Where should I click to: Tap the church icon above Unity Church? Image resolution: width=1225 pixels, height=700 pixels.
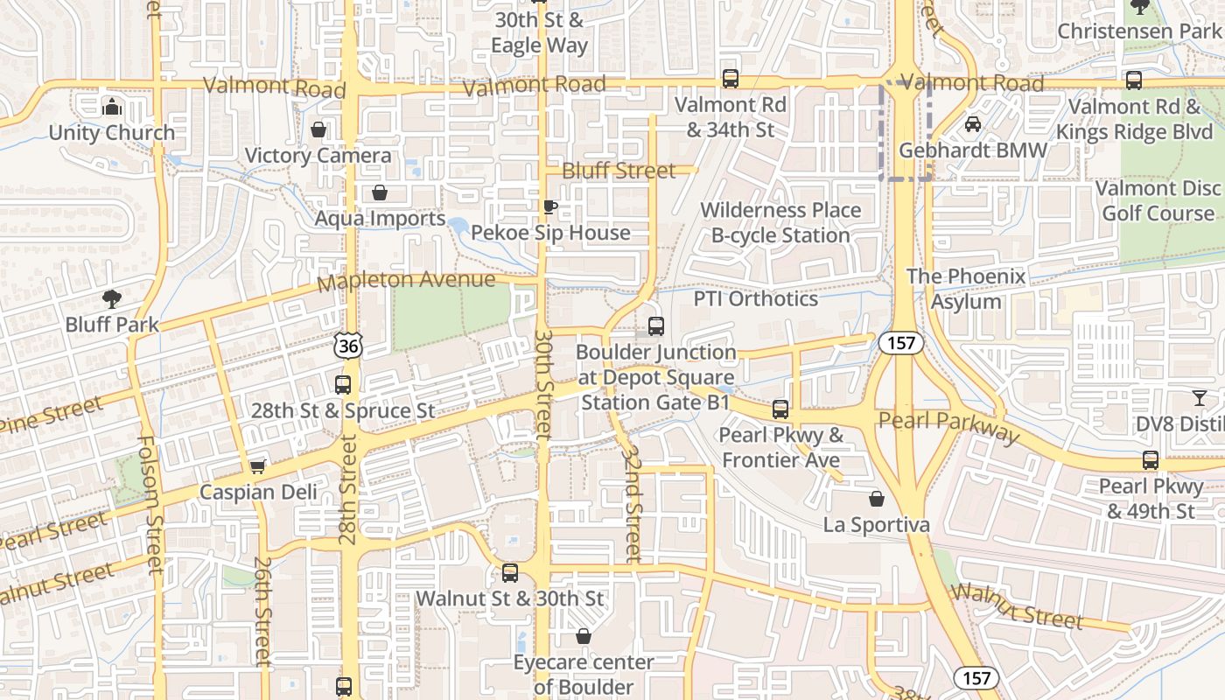pos(111,107)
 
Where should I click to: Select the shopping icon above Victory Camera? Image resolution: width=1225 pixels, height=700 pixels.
pos(318,129)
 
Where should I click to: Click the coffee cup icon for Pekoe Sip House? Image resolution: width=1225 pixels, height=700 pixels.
pos(549,206)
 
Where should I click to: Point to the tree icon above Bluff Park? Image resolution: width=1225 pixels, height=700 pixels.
pos(111,298)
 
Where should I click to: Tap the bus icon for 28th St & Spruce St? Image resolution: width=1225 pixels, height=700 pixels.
pos(343,384)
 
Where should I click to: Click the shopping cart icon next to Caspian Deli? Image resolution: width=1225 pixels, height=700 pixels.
pos(257,465)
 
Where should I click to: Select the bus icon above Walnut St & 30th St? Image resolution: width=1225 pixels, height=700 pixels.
pos(510,573)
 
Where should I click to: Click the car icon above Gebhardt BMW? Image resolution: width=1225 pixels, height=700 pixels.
pos(973,124)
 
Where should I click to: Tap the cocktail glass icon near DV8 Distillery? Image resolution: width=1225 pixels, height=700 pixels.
pos(1199,398)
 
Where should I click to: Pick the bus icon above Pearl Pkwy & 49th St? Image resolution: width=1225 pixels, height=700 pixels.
pos(1151,460)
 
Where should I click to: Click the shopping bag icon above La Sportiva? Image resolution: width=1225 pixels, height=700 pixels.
pos(877,499)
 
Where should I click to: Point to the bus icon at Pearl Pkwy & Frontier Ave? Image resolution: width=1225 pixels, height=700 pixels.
pos(780,409)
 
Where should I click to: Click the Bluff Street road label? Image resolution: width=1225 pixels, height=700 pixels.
pos(619,171)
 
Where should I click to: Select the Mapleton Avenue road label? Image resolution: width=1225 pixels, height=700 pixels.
pos(406,281)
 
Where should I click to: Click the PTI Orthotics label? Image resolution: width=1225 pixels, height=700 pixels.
pos(755,298)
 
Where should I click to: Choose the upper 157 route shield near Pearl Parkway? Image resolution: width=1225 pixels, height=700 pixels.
pos(901,343)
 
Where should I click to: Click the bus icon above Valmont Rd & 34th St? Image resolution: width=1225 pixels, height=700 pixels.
pos(731,79)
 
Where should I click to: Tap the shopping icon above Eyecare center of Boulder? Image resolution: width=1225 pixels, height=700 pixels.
pos(584,636)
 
